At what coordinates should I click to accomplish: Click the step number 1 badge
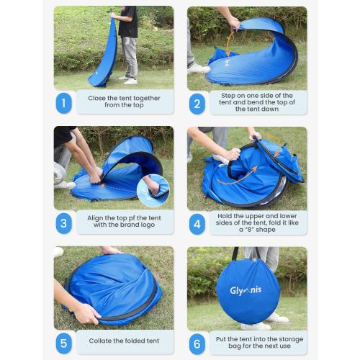(x=63, y=102)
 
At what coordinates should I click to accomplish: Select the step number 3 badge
(x=63, y=222)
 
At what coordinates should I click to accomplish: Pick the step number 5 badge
(x=63, y=341)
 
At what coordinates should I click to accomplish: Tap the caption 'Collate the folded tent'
(x=123, y=341)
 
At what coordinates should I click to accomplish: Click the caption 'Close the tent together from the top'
(x=123, y=102)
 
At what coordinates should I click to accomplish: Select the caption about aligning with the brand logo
(x=123, y=222)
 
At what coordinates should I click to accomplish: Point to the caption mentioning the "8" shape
(x=257, y=222)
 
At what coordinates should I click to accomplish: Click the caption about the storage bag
(x=257, y=341)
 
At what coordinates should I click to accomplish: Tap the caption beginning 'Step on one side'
(x=257, y=102)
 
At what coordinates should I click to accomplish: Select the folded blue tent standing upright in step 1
(x=105, y=54)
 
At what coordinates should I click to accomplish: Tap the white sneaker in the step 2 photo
(x=198, y=68)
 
